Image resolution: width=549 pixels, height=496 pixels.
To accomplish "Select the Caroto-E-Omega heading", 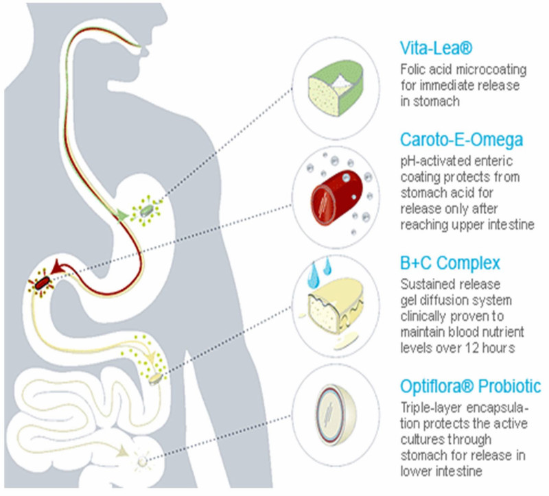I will [x=460, y=141].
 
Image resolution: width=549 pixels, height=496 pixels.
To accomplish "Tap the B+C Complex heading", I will [x=449, y=263].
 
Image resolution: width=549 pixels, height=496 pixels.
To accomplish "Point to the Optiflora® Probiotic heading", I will [x=470, y=385].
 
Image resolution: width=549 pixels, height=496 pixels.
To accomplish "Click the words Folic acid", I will [x=423, y=70].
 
